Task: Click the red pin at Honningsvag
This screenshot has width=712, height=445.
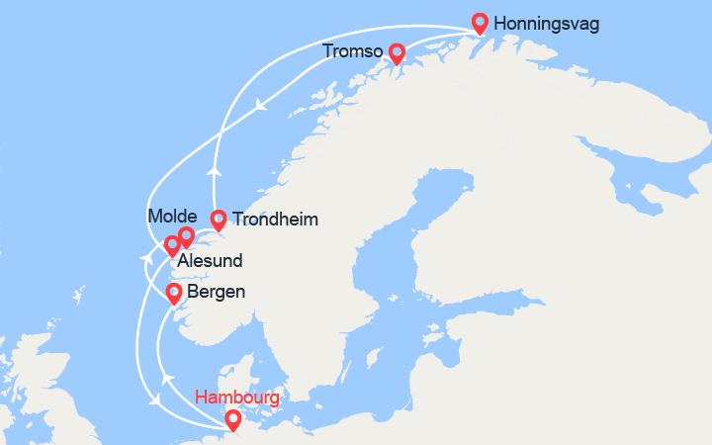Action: [x=481, y=21]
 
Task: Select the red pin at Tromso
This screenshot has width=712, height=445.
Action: [x=397, y=52]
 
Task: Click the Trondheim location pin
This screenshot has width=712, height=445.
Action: [x=219, y=220]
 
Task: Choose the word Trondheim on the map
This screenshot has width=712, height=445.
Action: [x=275, y=220]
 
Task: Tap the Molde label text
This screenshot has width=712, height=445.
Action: [x=172, y=216]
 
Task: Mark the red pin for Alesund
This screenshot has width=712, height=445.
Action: [x=172, y=244]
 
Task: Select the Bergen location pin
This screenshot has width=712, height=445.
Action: [x=173, y=293]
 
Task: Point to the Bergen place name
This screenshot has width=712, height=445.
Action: [x=217, y=293]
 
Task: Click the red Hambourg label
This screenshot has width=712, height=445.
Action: [x=237, y=399]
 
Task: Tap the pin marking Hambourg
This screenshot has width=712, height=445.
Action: [x=232, y=419]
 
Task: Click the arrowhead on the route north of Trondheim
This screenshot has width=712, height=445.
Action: [x=213, y=171]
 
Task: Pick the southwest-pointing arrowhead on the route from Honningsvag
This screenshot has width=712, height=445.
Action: [x=260, y=104]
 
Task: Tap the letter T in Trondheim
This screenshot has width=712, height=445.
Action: [x=237, y=220]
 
